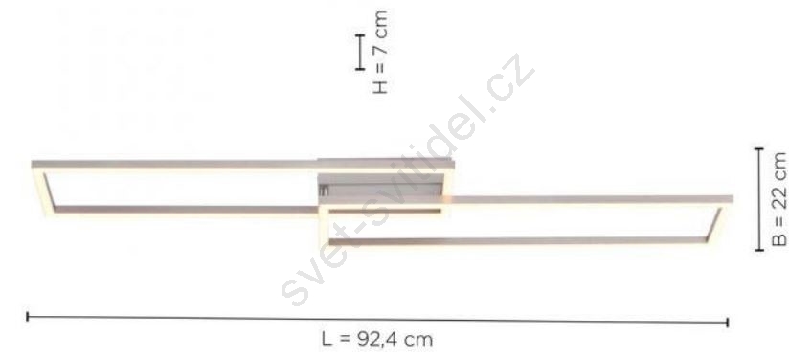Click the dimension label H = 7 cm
380,52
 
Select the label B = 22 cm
779,199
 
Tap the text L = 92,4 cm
377,340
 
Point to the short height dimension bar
360,52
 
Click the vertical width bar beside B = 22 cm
759,199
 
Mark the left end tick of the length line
28,317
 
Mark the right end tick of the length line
728,323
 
